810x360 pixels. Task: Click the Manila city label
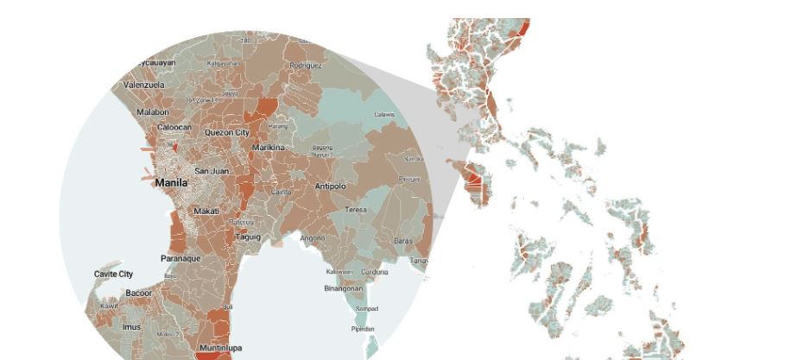[171, 183]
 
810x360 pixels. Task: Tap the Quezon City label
[226, 133]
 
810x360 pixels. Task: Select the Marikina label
[268, 148]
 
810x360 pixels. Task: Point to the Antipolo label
[330, 186]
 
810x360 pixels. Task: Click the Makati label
[206, 211]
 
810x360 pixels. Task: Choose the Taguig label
[248, 237]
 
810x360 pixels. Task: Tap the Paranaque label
[180, 258]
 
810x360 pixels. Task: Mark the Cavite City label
[114, 275]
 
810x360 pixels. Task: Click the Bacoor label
[139, 294]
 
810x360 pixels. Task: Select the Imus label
[131, 327]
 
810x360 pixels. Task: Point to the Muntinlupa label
[220, 348]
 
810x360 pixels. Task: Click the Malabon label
[153, 112]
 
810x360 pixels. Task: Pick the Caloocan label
[174, 128]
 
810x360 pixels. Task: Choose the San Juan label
[212, 171]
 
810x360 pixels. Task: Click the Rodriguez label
[306, 66]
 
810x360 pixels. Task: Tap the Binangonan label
[343, 288]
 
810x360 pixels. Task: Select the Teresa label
[356, 210]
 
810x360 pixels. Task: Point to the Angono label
[313, 238]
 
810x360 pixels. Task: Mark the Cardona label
[375, 272]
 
